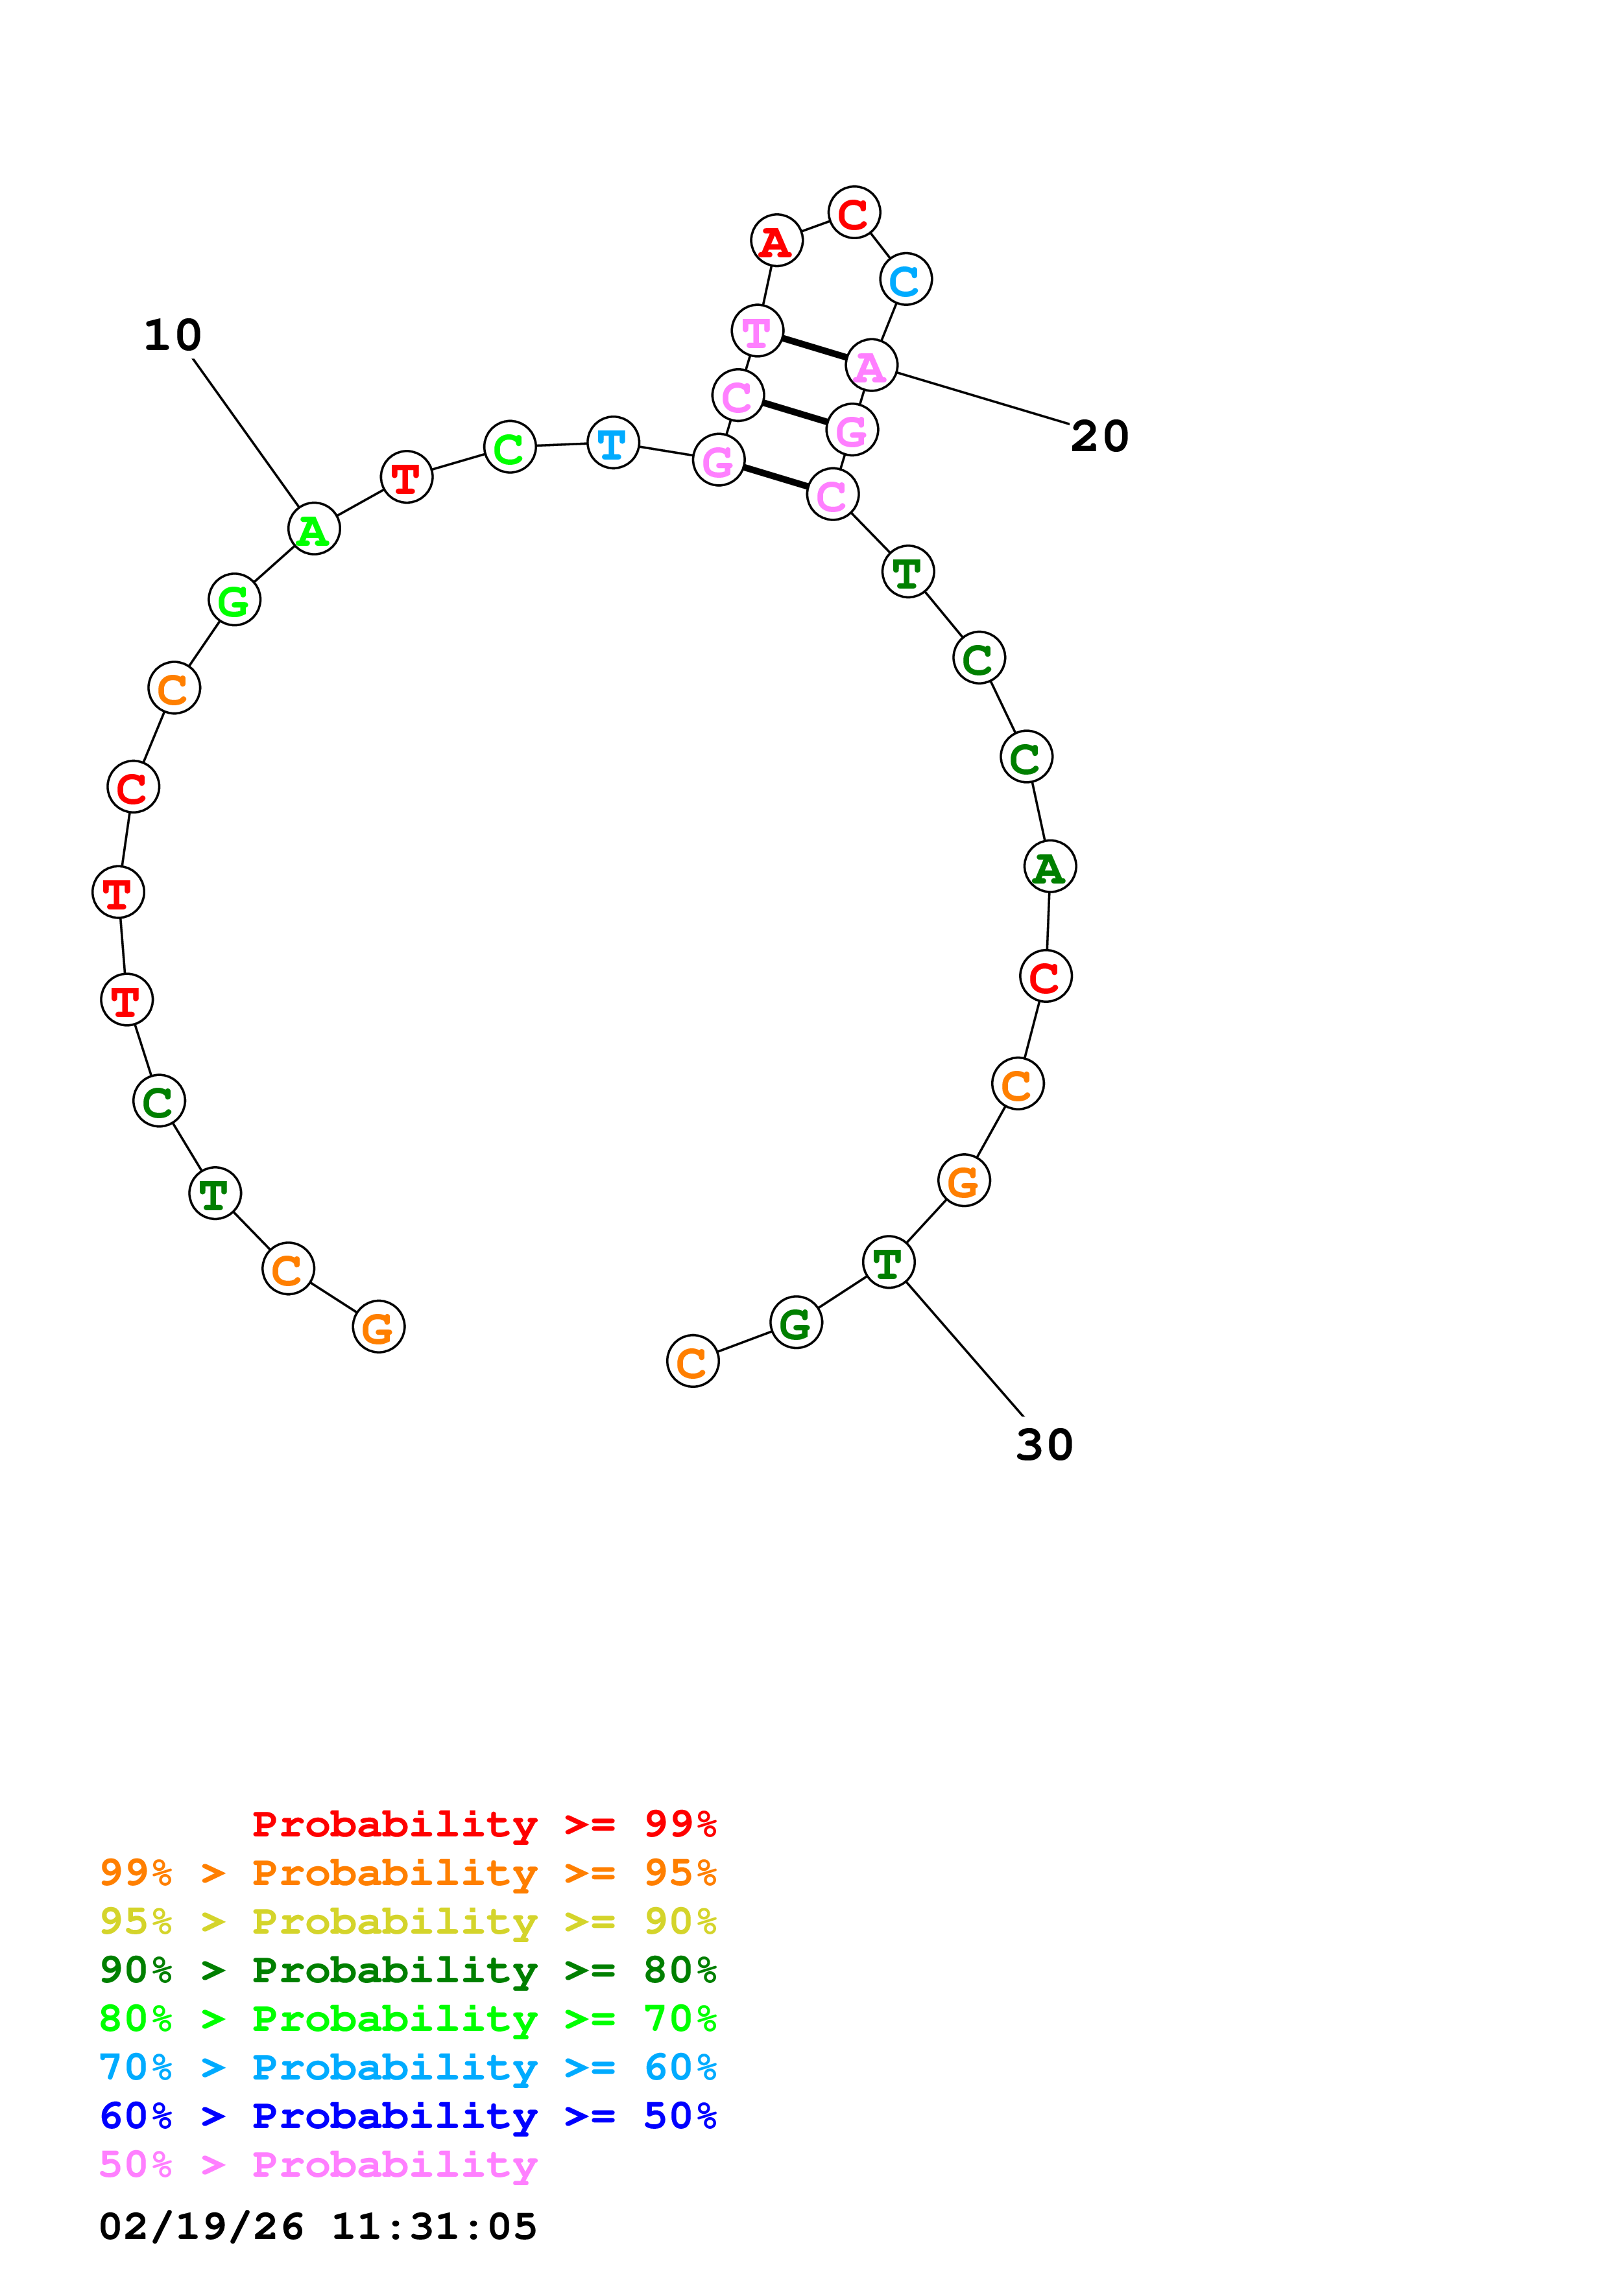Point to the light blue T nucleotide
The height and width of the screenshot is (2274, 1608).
[x=613, y=443]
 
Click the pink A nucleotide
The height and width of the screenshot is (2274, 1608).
[x=871, y=366]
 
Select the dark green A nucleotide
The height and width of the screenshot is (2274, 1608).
[x=1050, y=867]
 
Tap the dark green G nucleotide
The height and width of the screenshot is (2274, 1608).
[x=796, y=1322]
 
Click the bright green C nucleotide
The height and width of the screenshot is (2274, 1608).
[x=509, y=448]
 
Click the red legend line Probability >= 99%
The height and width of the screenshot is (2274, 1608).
[x=483, y=1824]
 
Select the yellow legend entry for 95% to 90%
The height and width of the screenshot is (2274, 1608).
[x=407, y=1921]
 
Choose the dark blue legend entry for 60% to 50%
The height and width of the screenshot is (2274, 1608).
[x=407, y=2116]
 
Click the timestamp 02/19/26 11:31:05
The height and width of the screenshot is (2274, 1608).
[x=318, y=2225]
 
